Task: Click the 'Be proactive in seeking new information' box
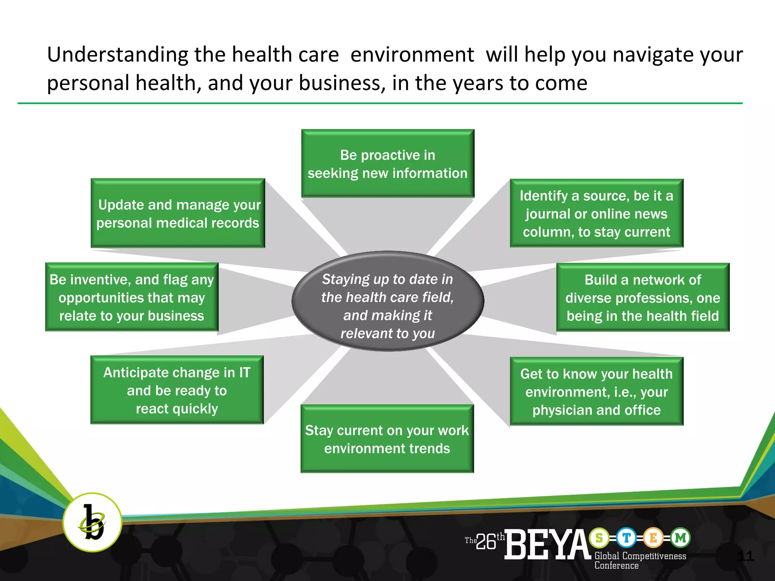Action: tap(387, 163)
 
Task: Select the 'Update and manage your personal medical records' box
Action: tap(178, 213)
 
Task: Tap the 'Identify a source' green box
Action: tap(596, 213)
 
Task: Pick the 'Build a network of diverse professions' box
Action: tap(643, 297)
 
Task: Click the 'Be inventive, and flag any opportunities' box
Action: tap(132, 297)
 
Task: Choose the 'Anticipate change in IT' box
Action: tap(177, 390)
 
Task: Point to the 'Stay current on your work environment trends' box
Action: tap(387, 439)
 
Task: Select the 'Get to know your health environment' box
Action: tap(596, 391)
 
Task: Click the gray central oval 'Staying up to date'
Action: tap(387, 301)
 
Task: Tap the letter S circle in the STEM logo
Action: tap(599, 538)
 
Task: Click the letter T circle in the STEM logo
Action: tap(626, 538)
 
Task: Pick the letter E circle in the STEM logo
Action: tap(653, 538)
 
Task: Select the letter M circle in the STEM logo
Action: tap(680, 538)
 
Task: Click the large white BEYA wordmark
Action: tap(547, 545)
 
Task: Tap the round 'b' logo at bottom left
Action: tap(92, 522)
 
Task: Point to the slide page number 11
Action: tap(745, 556)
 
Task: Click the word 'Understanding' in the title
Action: tap(117, 55)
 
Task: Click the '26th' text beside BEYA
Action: tap(489, 541)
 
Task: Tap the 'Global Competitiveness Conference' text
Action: tap(640, 561)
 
